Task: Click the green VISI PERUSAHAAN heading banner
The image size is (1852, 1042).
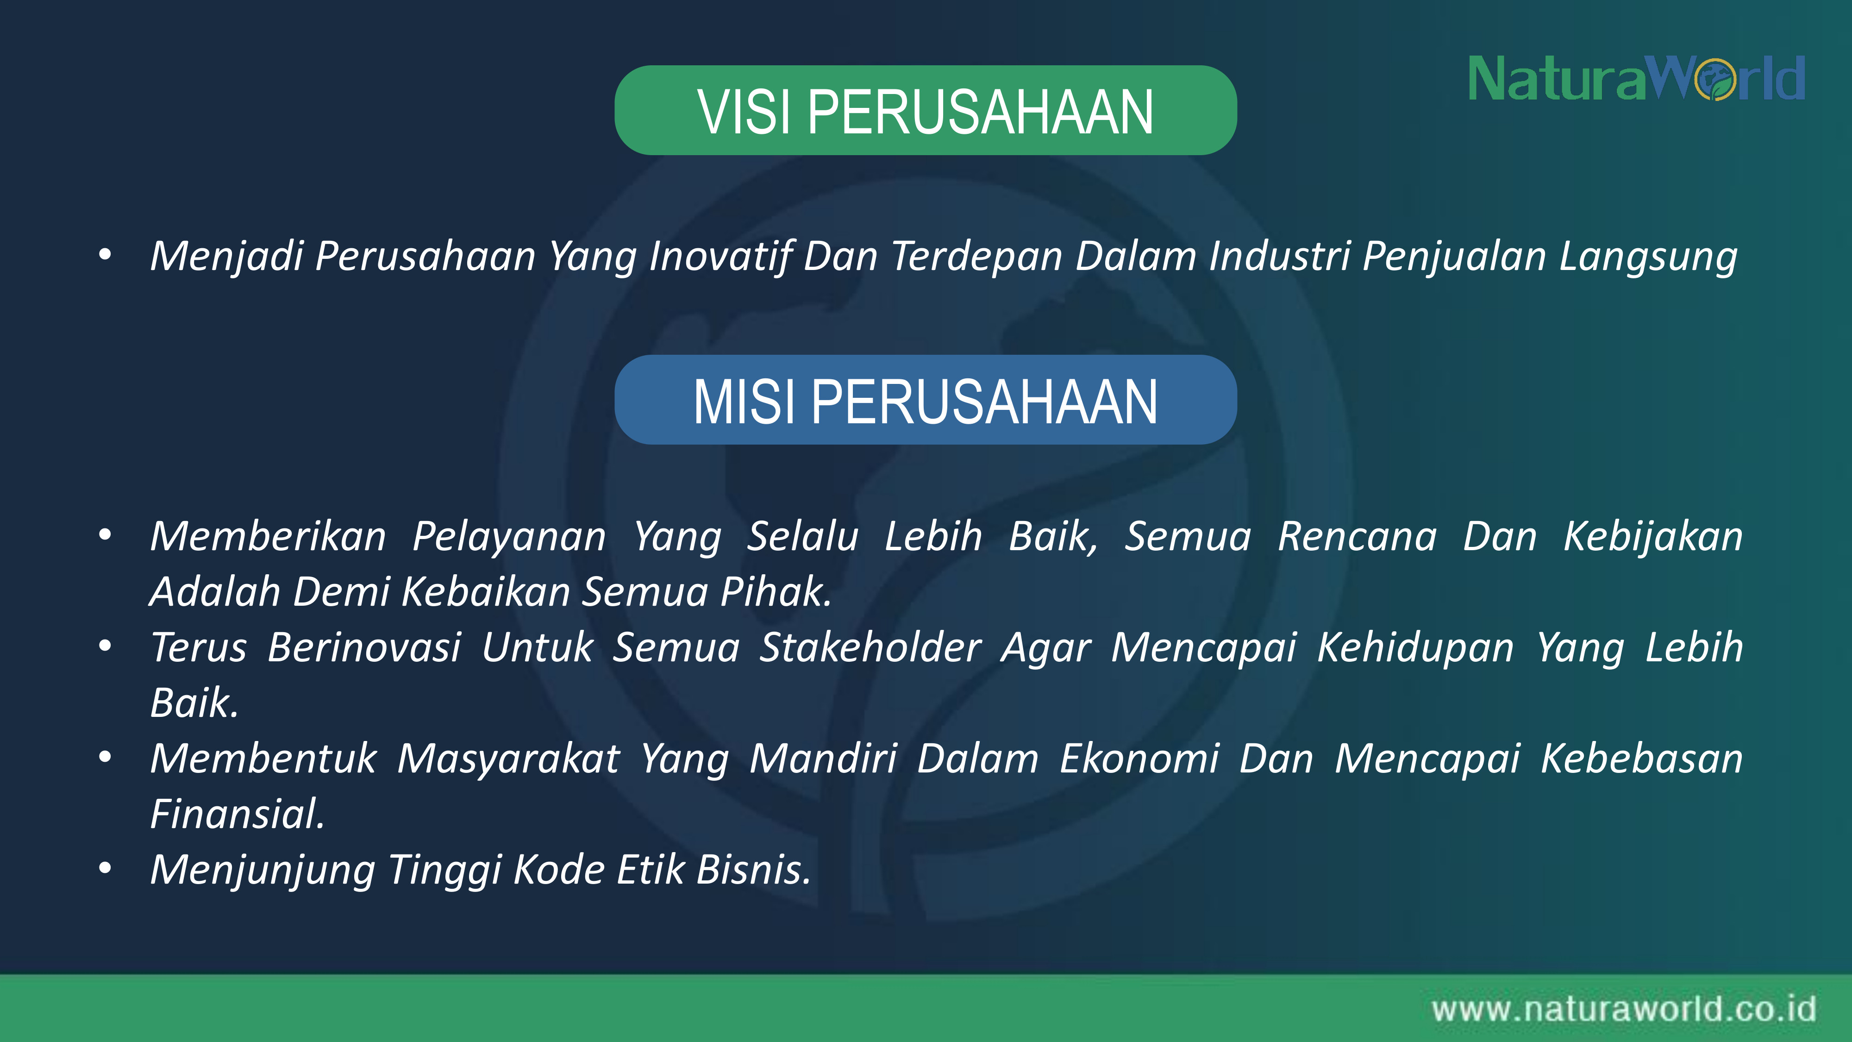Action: [925, 110]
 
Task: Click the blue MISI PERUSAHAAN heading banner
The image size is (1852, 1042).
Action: [925, 400]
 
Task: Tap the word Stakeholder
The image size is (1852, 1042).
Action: [870, 647]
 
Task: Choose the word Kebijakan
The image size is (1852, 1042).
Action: [1653, 538]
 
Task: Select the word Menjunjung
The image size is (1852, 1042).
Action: [263, 870]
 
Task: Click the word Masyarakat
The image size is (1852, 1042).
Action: [508, 760]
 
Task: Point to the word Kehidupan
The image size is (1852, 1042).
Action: [1415, 648]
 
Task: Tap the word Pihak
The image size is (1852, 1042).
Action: [776, 592]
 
